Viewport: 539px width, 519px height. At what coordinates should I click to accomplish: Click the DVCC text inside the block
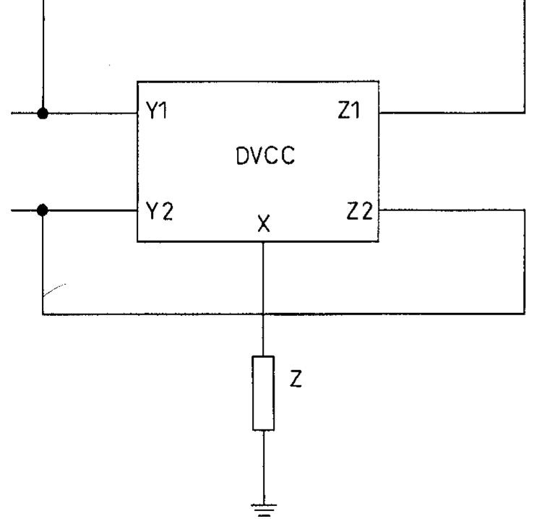point(266,156)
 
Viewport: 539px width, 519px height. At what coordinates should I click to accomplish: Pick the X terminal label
point(264,226)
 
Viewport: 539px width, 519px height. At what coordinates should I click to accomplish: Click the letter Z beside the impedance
point(296,380)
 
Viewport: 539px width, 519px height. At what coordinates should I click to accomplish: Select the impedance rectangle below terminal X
point(264,393)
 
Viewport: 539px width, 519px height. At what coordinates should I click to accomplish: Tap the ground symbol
point(264,508)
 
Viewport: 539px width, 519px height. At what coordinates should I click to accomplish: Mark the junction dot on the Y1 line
point(43,113)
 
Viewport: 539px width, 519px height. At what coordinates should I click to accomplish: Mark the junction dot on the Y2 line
point(43,210)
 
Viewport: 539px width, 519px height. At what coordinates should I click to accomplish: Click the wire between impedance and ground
point(264,466)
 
